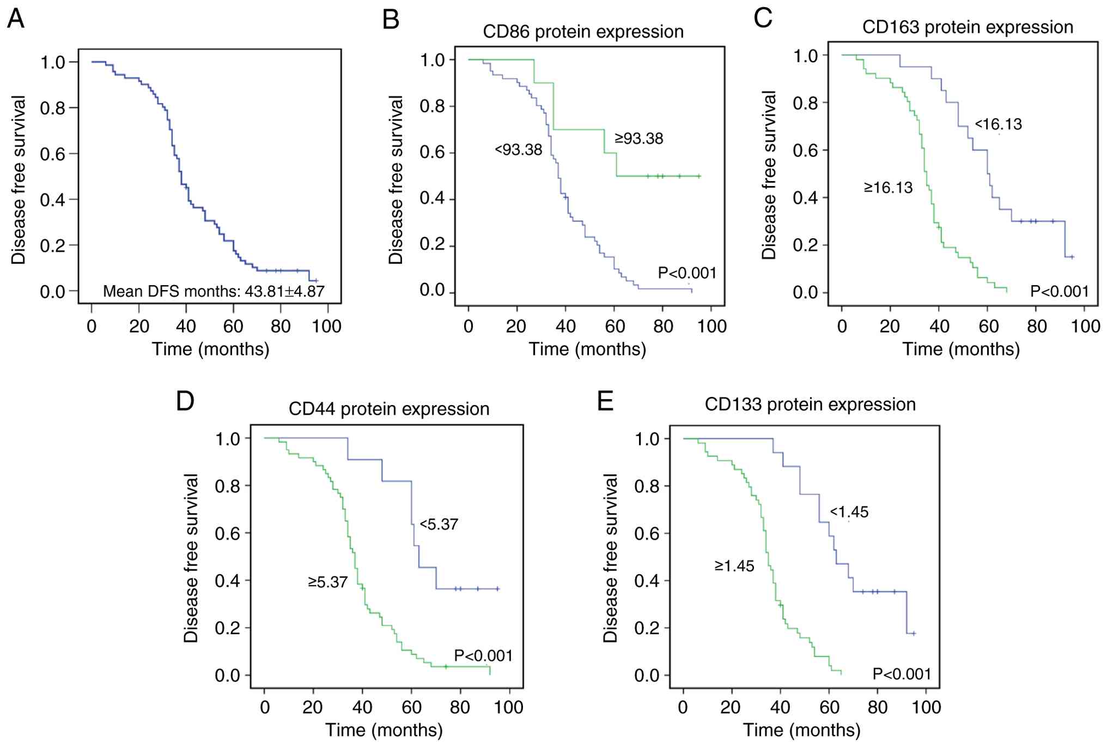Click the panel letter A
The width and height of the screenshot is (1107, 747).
click(16, 19)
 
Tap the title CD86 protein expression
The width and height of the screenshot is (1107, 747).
click(583, 32)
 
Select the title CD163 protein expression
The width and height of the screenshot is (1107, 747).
click(968, 27)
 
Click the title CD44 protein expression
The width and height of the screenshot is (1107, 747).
click(388, 409)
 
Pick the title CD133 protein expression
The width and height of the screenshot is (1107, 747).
click(810, 405)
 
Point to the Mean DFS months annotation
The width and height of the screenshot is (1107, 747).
click(214, 292)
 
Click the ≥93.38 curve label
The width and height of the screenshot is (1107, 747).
click(639, 138)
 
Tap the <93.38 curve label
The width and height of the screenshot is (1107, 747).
click(518, 149)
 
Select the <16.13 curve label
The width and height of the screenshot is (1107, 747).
click(998, 124)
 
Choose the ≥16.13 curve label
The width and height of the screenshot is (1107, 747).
click(888, 188)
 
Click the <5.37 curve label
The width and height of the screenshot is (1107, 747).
click(439, 525)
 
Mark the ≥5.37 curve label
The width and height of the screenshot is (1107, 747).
click(327, 582)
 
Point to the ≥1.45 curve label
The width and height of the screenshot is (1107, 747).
click(734, 566)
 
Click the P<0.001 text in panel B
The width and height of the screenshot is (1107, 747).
click(687, 273)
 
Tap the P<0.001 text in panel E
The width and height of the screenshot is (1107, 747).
click(902, 674)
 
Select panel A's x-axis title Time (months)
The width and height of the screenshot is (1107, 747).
click(210, 349)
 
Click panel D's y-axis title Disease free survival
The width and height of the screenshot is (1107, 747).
click(191, 558)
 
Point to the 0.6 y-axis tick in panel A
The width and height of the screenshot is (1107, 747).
click(52, 154)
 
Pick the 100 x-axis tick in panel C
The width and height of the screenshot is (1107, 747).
click(1085, 326)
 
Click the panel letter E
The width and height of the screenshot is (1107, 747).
click(605, 401)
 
